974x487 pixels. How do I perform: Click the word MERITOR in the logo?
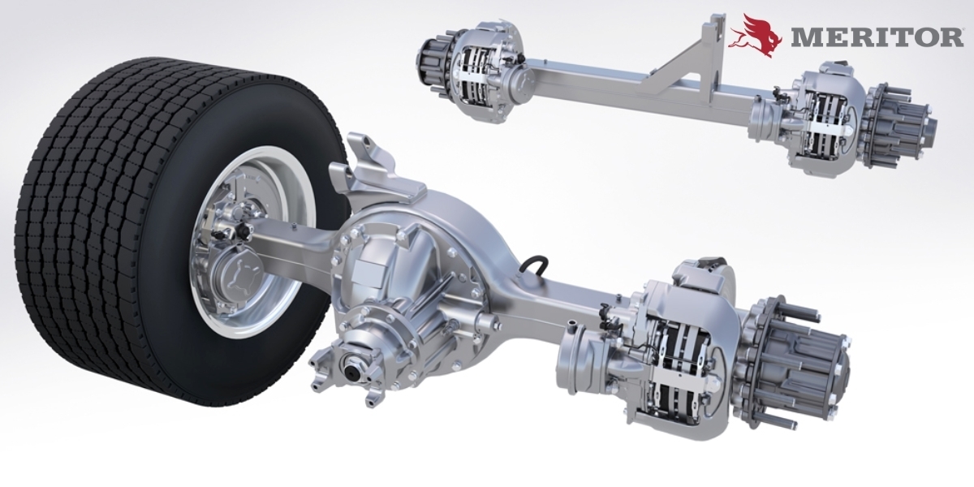(x=876, y=38)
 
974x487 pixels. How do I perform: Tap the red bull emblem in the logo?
(x=756, y=35)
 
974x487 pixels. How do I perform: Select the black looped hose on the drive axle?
(x=536, y=265)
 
